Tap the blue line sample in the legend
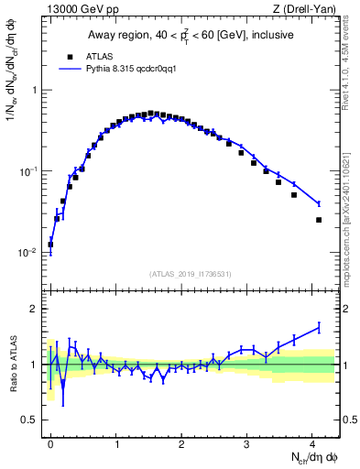[x=71, y=69]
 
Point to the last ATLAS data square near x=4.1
[x=319, y=220]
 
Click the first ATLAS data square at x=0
[x=50, y=245]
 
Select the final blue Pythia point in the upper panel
[x=319, y=203]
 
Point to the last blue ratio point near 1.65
[x=319, y=327]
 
